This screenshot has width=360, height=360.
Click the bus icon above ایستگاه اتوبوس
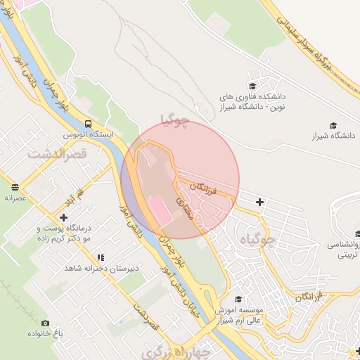[x=86, y=122]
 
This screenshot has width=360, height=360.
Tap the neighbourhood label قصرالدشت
[x=56, y=153]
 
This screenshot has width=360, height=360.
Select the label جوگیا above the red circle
[x=175, y=120]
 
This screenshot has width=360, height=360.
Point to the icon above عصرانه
[x=15, y=187]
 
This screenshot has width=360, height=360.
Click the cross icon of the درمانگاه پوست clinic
[x=63, y=217]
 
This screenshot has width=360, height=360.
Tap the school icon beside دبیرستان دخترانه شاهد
[x=101, y=258]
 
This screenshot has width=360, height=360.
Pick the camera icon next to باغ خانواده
[x=46, y=323]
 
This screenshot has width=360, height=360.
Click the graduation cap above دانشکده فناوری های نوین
[x=253, y=82]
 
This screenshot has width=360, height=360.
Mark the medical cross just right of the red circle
[x=260, y=202]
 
